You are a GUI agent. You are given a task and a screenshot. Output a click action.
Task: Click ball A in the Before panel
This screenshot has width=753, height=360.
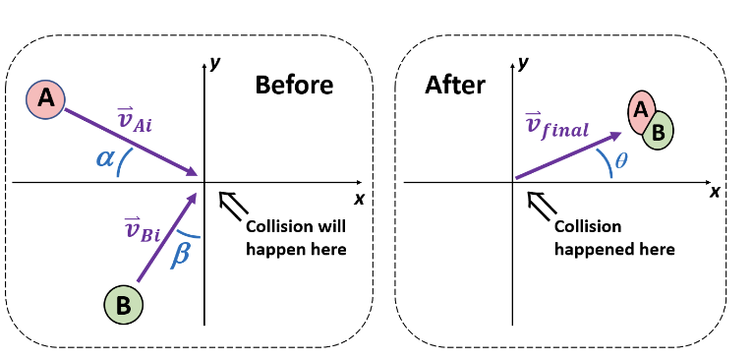coord(45,97)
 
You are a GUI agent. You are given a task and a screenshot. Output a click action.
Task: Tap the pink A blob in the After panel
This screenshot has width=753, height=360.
coord(641,111)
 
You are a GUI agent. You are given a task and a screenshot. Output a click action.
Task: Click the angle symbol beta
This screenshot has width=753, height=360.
coord(180,252)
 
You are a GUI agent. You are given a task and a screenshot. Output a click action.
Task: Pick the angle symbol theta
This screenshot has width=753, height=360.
coord(620,158)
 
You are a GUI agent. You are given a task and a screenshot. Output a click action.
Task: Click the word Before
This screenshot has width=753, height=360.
coord(294,85)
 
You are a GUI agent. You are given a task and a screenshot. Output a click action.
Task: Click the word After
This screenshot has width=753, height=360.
coord(455,85)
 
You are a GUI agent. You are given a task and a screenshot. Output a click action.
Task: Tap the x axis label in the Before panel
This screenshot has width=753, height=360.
coord(359,199)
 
